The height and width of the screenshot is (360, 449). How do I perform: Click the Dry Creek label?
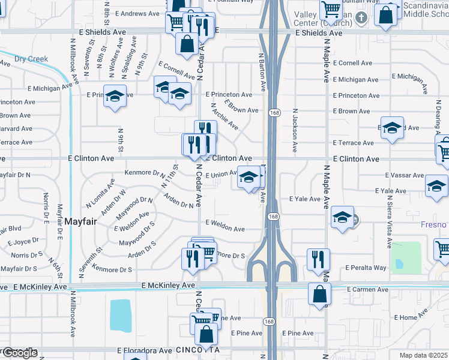coord(31,59)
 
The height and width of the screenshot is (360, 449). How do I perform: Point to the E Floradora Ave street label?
coord(145,350)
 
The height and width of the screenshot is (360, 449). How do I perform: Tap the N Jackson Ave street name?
coord(295,124)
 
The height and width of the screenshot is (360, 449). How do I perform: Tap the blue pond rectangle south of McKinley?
coord(121,315)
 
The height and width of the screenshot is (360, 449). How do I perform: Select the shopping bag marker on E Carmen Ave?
coord(319,293)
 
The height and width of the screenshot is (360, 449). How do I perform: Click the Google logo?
coord(19,353)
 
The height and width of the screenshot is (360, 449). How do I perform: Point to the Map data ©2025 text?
coord(424,355)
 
